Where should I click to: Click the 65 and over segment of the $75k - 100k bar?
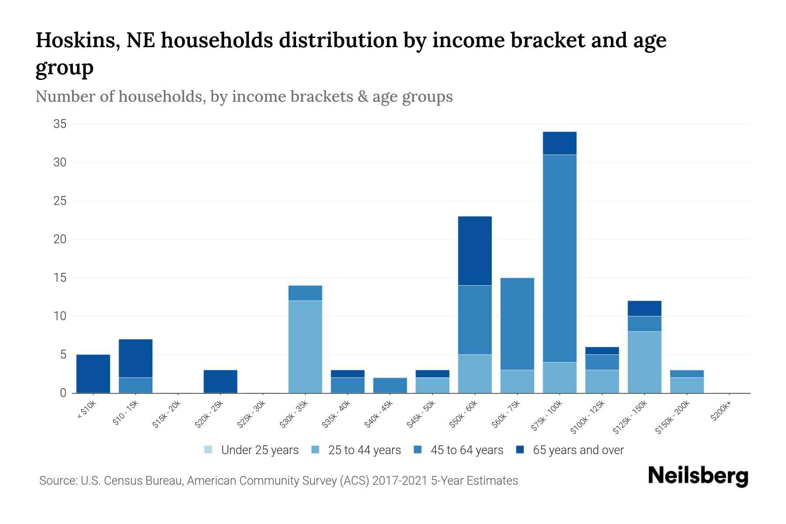pos(559,143)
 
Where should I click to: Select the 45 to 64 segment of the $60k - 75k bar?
pos(517,324)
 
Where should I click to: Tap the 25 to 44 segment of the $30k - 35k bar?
pos(305,347)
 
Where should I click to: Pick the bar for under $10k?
pos(93,374)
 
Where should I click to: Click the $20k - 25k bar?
pos(221,381)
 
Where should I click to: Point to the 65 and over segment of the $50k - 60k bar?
pos(475,251)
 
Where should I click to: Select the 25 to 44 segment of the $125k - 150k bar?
pos(644,362)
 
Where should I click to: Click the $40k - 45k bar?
pos(390,385)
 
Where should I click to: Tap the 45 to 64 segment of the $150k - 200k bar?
pos(686,374)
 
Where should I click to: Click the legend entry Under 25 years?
pos(259,450)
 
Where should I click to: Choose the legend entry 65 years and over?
pos(578,450)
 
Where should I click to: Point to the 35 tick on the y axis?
pos(60,124)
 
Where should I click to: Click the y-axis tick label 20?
pos(60,239)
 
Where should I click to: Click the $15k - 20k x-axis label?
pos(166,415)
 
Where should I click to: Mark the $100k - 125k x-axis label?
pos(588,418)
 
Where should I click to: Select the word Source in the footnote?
pos(57,481)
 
